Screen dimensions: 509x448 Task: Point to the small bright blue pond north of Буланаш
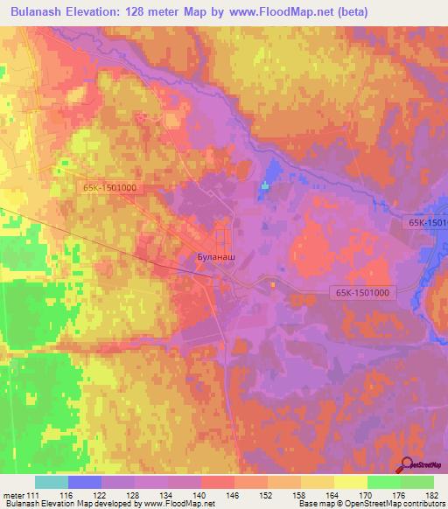point(266,185)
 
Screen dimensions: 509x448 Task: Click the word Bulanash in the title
point(39,12)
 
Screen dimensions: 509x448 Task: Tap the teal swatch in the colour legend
point(52,482)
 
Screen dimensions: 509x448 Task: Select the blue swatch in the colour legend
point(85,482)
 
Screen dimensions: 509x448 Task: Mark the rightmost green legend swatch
point(417,482)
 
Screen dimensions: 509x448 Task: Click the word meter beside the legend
point(12,494)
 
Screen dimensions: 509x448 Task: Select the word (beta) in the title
point(352,12)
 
